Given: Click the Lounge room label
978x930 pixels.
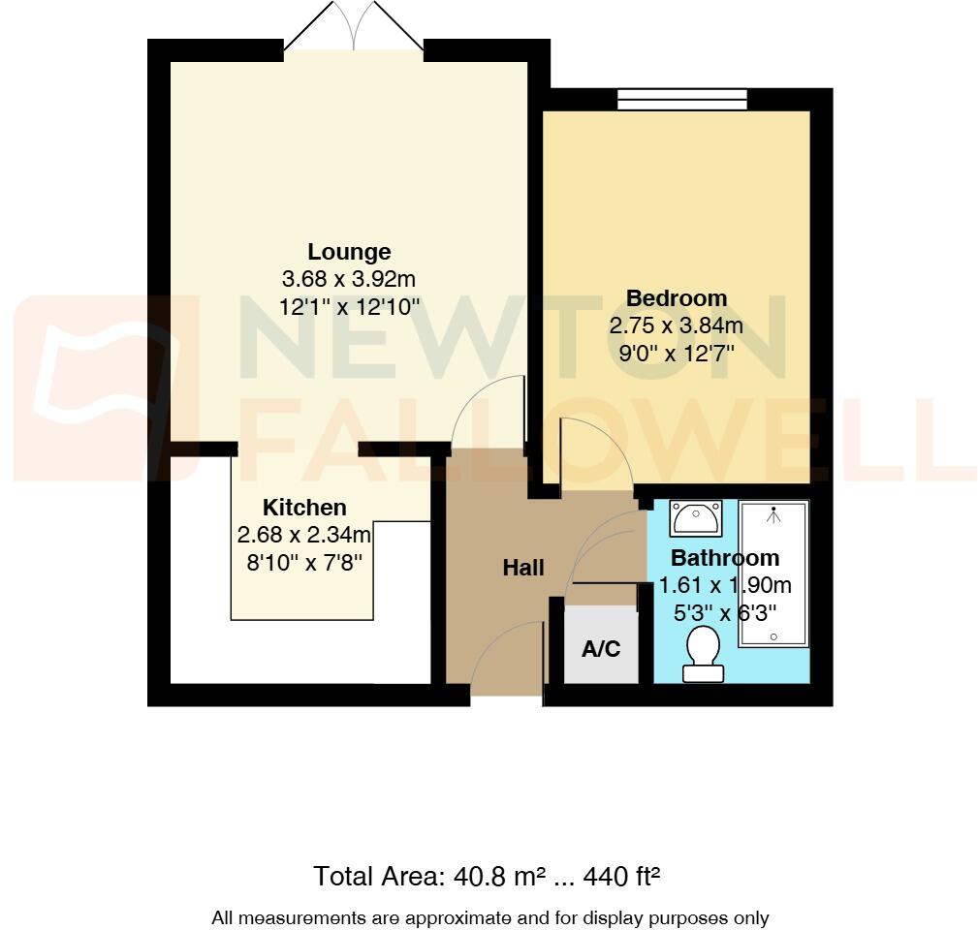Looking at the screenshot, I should point(349,252).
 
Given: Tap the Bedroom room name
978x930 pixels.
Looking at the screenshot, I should point(676,298).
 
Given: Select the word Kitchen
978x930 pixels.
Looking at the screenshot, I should point(304,508).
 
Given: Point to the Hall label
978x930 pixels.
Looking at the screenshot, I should point(522,569).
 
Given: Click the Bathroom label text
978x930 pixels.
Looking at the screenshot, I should point(724,558).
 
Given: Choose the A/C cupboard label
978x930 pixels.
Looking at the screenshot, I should point(600,649).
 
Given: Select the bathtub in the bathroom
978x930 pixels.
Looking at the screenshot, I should point(773,573).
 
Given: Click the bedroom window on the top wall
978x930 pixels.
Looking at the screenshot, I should point(682,99).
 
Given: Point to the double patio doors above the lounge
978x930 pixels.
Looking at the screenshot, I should point(354,27).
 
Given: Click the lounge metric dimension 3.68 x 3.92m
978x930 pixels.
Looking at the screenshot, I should point(349,280).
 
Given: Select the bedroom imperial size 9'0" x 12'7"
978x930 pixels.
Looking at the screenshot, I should point(676,354).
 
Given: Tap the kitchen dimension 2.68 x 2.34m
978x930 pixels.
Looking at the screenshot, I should point(304,535).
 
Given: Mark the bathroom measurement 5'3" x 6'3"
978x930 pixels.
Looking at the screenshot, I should point(724,613).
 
